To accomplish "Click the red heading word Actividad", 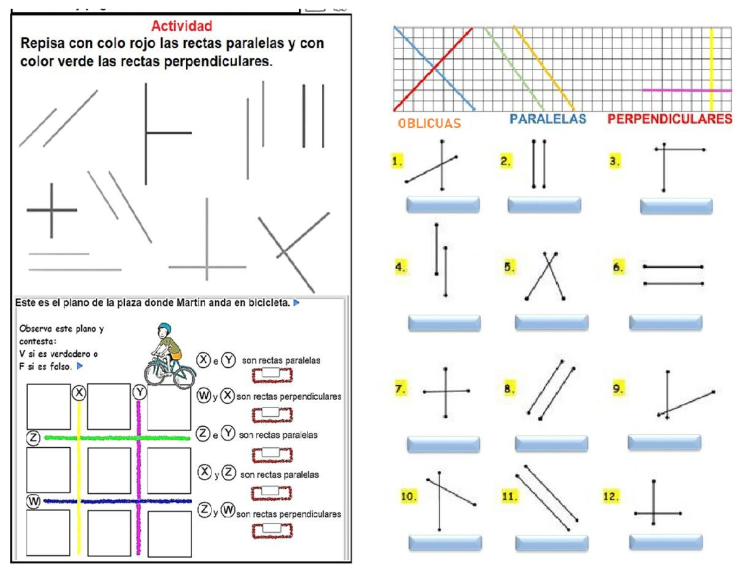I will coord(182,26).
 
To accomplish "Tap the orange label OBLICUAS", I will coord(430,123).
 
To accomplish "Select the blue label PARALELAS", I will coord(547,119).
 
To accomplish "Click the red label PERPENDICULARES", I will coord(670,119).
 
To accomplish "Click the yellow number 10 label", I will coord(409,496).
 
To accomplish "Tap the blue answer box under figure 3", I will coord(676,206).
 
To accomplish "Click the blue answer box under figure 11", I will coord(551,542).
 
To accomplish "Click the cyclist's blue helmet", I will coord(164,328).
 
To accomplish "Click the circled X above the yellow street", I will coord(78,393).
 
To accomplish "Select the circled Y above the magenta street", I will coord(139,393).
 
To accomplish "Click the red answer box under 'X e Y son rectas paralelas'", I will coord(272,374).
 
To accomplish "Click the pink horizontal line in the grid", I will coord(676,91).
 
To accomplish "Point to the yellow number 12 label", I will coord(611,496).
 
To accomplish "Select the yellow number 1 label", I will coord(397,161).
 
